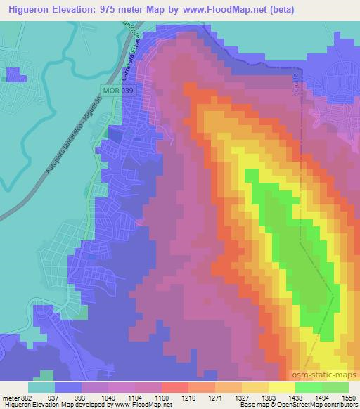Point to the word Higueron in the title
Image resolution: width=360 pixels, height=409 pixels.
27,9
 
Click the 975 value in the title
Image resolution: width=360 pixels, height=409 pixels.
114,9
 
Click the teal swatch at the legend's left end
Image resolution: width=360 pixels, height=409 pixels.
42,387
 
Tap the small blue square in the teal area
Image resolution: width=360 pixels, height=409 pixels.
13,75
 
